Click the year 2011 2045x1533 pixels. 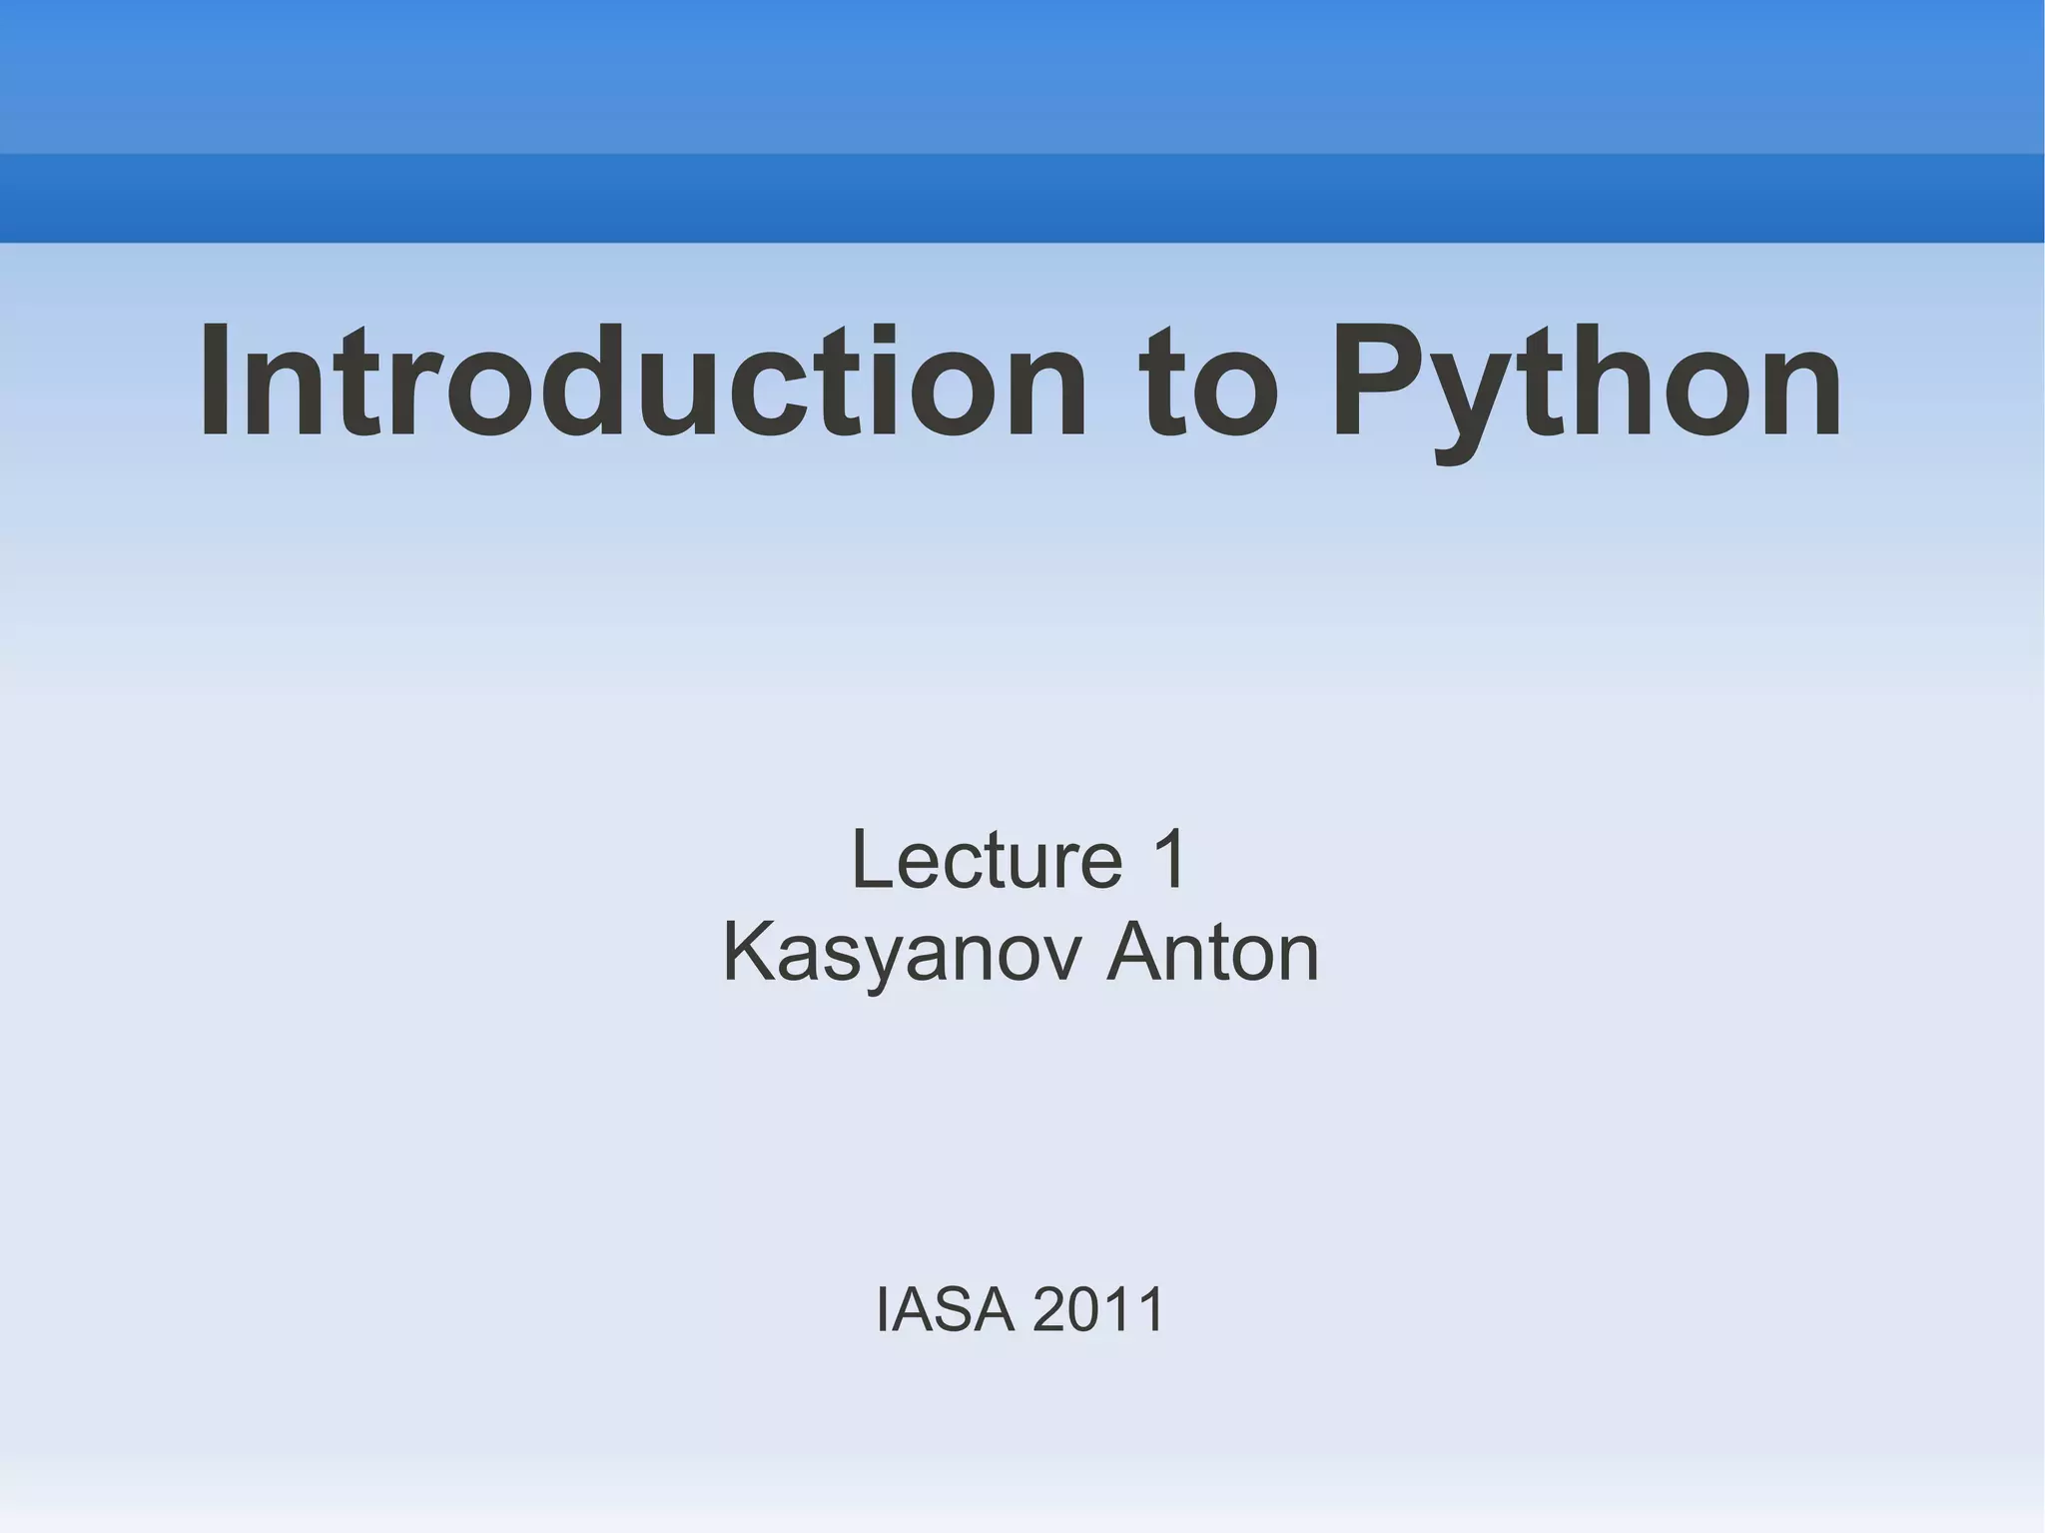click(x=1098, y=1309)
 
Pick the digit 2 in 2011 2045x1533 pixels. click(x=1048, y=1309)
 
